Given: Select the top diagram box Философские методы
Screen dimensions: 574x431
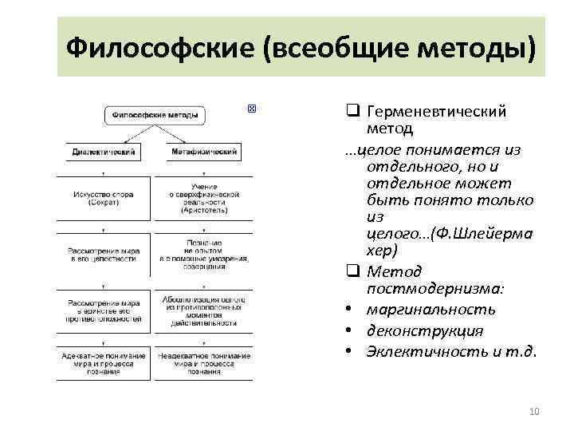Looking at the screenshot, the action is click(x=155, y=116).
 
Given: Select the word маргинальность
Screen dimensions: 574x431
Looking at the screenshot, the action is click(x=431, y=310).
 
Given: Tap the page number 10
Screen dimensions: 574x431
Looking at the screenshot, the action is click(x=534, y=411).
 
